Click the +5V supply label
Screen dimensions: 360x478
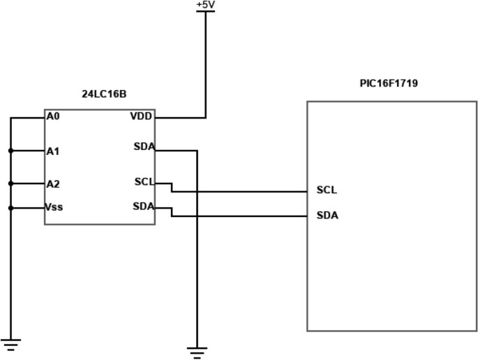pyautogui.click(x=206, y=5)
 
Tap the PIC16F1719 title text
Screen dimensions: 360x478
pyautogui.click(x=389, y=84)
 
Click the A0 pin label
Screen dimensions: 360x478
pyautogui.click(x=53, y=117)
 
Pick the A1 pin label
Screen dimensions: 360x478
pyautogui.click(x=53, y=151)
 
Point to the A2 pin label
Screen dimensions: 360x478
pyautogui.click(x=53, y=184)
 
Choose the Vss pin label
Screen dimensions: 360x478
pyautogui.click(x=54, y=207)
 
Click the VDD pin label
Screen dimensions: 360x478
pyautogui.click(x=142, y=116)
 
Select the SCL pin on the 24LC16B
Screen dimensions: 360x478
pyautogui.click(x=144, y=182)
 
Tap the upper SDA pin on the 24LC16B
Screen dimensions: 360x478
pyautogui.click(x=144, y=147)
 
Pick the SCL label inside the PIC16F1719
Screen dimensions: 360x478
pyautogui.click(x=327, y=190)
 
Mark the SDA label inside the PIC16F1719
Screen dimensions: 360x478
pyautogui.click(x=327, y=216)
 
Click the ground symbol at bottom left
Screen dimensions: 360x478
pyautogui.click(x=10, y=344)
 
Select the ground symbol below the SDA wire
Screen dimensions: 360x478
pyautogui.click(x=197, y=352)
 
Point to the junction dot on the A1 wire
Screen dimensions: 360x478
pyautogui.click(x=10, y=150)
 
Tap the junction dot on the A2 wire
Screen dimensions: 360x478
pyautogui.click(x=10, y=183)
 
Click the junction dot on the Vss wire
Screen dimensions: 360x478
pyautogui.click(x=10, y=207)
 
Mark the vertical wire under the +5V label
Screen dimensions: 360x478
pyautogui.click(x=206, y=63)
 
